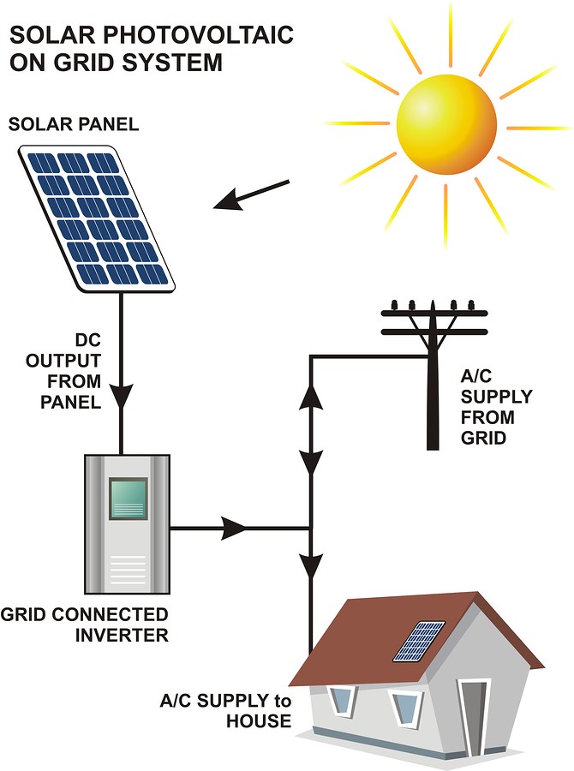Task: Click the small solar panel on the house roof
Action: click(419, 642)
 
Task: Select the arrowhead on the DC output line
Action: click(123, 395)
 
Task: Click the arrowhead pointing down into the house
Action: click(311, 565)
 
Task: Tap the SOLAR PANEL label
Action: click(73, 125)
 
